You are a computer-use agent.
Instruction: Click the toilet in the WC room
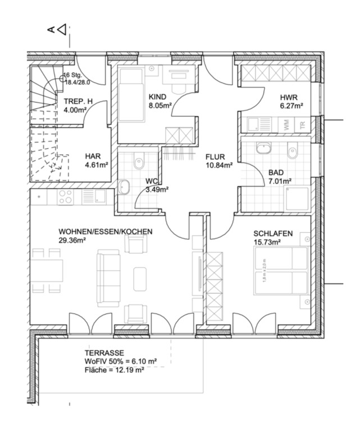tap(139, 163)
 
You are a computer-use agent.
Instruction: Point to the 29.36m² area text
tap(72, 240)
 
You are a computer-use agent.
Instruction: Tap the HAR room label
tap(93, 157)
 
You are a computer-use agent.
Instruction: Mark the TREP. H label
tap(78, 102)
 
